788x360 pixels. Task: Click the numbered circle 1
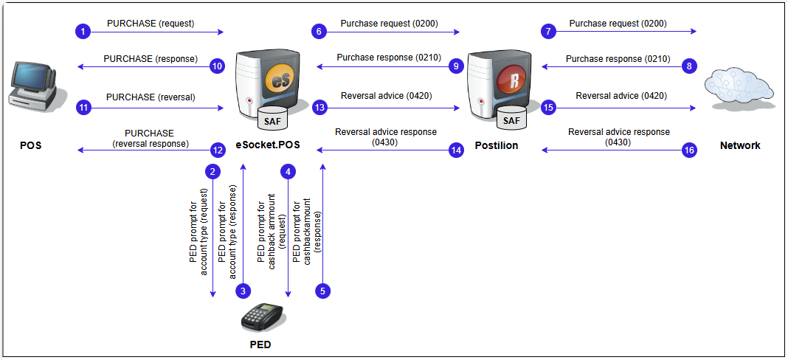83,31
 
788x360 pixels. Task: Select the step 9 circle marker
457,66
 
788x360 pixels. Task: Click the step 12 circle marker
217,150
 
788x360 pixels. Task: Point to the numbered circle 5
322,291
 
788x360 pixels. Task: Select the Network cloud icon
739,88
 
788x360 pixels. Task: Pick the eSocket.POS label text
267,146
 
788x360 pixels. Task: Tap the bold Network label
739,146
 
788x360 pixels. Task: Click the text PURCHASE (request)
151,24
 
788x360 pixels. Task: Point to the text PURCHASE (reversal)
150,97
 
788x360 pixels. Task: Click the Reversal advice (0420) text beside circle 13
386,96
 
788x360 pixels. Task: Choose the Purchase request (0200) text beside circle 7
618,24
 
